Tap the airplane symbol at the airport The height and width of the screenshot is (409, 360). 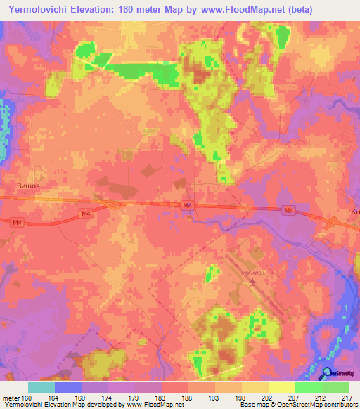click(252, 282)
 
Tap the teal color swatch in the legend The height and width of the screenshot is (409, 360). click(41, 387)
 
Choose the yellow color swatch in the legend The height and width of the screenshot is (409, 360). click(281, 387)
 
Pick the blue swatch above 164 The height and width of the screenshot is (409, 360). click(67, 387)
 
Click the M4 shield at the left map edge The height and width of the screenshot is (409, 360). click(17, 222)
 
